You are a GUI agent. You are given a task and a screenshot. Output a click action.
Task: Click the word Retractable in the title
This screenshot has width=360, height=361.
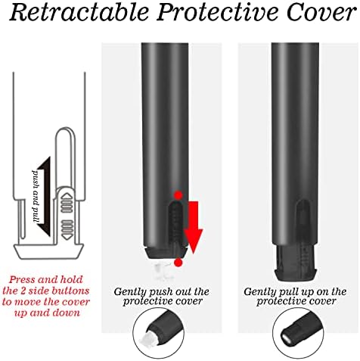coord(79,12)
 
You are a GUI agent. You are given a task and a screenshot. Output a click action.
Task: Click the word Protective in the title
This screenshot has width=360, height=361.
coord(219,12)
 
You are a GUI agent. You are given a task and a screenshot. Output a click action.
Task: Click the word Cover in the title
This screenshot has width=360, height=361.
coord(321,12)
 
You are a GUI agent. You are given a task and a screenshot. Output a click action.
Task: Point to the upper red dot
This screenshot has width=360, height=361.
coord(178,195)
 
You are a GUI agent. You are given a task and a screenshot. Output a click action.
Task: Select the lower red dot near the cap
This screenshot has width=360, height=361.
coord(178,263)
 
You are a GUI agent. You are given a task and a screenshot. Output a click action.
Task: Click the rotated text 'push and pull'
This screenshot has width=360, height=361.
coord(36,197)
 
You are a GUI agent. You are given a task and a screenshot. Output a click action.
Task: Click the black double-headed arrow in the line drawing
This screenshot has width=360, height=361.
coord(45,197)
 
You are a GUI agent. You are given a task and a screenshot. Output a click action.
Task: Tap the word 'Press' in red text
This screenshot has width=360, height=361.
coord(22,280)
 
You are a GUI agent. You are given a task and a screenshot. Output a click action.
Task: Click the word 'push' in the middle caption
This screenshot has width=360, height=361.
coord(160,292)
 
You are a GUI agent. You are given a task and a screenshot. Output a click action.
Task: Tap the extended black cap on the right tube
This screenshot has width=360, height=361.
coord(296,263)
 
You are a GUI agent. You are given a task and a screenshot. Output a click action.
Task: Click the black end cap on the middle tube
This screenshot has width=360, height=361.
coord(166,253)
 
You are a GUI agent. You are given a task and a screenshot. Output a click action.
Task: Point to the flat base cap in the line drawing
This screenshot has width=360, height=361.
coord(48,251)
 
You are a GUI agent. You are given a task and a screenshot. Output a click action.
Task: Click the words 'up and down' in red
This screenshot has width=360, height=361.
coord(48,313)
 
